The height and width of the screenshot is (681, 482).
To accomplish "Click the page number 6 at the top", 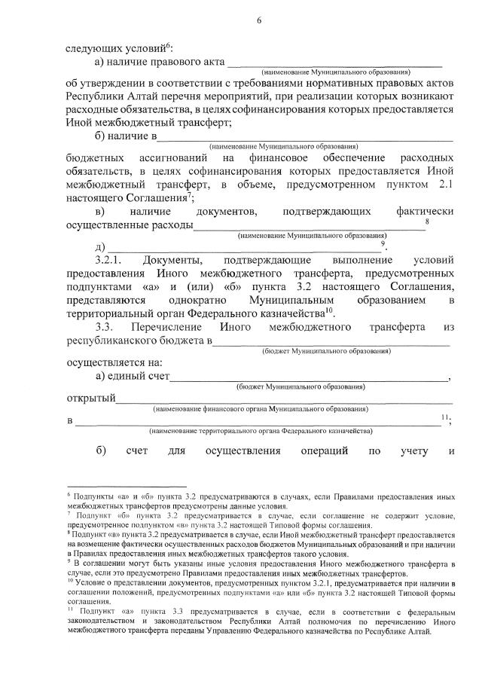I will (x=258, y=20).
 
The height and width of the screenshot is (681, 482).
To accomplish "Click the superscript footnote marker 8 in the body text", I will (x=428, y=221).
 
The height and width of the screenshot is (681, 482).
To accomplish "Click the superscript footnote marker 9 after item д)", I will (x=383, y=243).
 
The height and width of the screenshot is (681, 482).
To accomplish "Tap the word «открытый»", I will (x=91, y=397).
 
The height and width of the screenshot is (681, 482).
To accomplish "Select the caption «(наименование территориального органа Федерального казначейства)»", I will (x=260, y=432).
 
